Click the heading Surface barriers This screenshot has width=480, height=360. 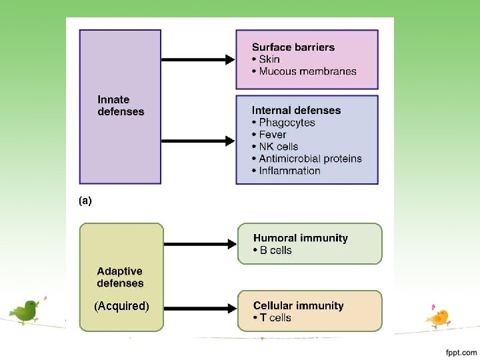coord(293,47)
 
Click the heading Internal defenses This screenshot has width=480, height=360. coord(296,111)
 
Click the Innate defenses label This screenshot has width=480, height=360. coord(121,106)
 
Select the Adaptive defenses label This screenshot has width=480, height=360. coord(120,277)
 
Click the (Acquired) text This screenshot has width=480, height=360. coord(121,306)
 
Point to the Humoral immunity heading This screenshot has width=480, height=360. coord(301,238)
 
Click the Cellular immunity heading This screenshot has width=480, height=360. coord(298,306)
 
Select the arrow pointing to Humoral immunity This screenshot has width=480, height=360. coord(200,244)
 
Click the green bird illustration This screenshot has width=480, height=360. coord(27,310)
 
